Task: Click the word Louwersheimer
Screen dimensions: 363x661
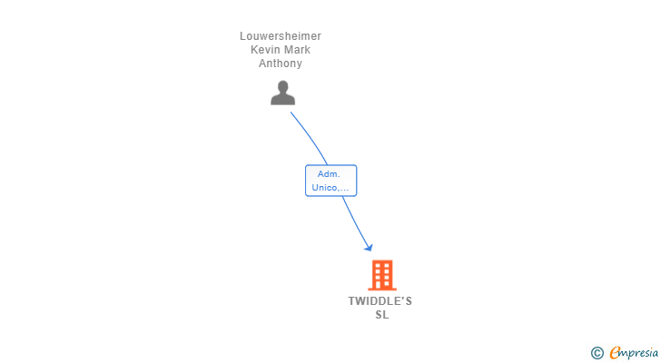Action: [280, 36]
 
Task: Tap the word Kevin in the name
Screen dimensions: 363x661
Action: [265, 50]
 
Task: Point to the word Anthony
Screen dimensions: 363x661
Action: [280, 64]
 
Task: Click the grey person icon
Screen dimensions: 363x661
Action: [283, 93]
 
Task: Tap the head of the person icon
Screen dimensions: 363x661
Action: [283, 87]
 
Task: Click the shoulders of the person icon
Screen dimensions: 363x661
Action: [283, 100]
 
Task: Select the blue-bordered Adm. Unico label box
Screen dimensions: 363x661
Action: [330, 181]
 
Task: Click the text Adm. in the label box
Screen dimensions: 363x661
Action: [329, 173]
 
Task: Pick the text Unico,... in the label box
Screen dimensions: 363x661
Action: [330, 188]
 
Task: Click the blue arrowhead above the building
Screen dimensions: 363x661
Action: [368, 247]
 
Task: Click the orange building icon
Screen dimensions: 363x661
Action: [382, 275]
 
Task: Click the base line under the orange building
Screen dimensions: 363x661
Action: [382, 289]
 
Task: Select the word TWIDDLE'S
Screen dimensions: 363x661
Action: [380, 301]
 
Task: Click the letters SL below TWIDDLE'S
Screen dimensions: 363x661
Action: [381, 315]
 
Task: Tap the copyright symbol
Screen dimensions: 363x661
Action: [597, 353]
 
